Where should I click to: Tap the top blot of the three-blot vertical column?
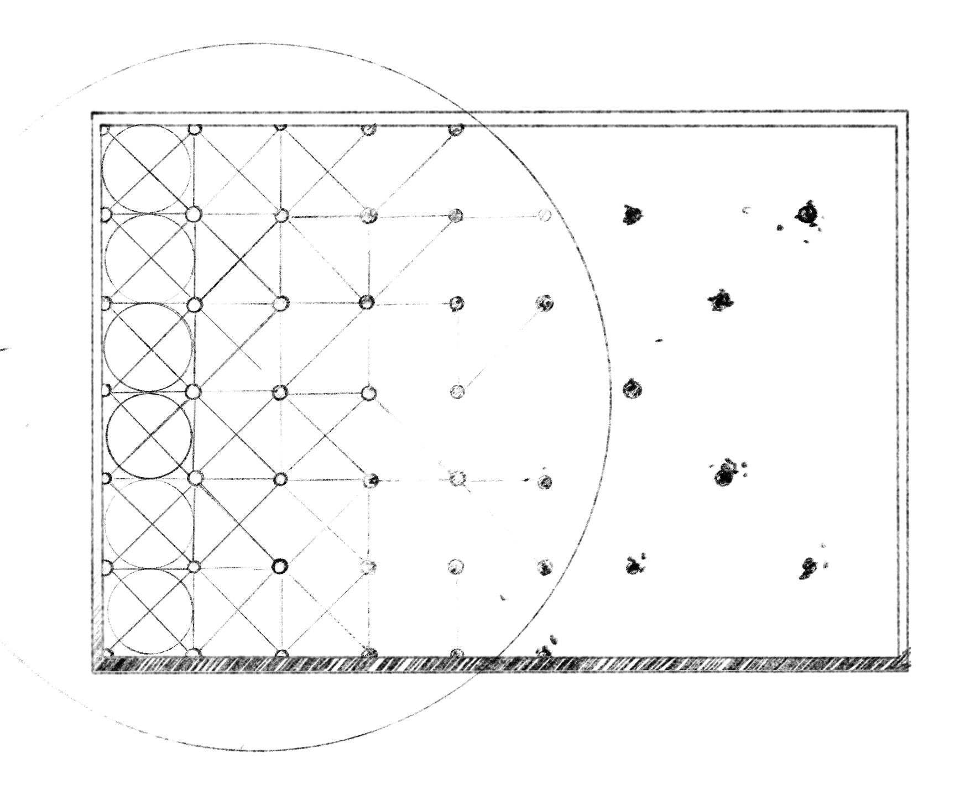pyautogui.click(x=632, y=214)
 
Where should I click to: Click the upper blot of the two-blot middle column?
pyautogui.click(x=721, y=300)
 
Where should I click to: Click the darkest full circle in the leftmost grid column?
pyautogui.click(x=149, y=436)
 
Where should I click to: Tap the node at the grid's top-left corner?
pyautogui.click(x=105, y=130)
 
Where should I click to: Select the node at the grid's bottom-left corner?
pyautogui.click(x=105, y=652)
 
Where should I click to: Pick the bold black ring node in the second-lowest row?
pyautogui.click(x=280, y=566)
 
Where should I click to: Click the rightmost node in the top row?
pyautogui.click(x=456, y=129)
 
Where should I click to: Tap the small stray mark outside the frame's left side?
pyautogui.click(x=4, y=349)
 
